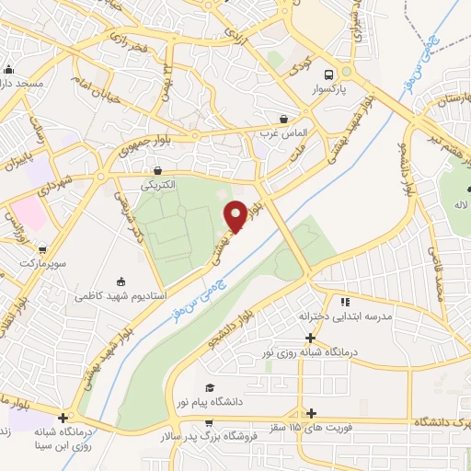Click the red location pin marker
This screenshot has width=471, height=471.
click(235, 216)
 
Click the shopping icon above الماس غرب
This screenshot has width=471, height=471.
click(282, 120)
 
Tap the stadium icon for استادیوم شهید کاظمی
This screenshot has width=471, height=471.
click(121, 281)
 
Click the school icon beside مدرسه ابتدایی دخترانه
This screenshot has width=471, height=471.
click(345, 301)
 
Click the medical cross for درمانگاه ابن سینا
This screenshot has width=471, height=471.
click(63, 416)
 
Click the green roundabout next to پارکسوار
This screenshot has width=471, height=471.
click(347, 70)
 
